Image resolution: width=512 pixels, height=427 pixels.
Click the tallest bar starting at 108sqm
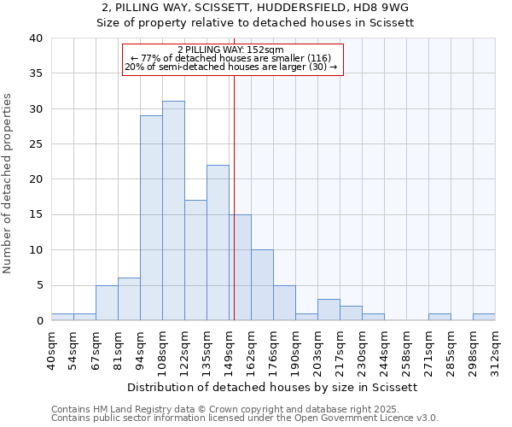coord(173,211)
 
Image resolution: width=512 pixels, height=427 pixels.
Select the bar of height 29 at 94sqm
coord(151,218)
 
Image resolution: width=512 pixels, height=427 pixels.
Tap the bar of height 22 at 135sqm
coord(218,243)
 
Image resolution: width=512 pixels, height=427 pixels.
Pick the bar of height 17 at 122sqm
coord(195,260)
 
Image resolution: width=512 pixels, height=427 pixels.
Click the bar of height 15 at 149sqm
coord(240,267)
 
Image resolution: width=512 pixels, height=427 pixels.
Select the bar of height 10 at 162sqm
coord(262,285)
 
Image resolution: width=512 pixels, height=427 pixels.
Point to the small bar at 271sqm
coord(439,317)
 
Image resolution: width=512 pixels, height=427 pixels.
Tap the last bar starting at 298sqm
coord(484,317)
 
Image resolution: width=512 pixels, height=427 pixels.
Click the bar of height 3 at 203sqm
coord(329,310)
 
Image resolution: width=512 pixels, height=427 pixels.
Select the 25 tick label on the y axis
coord(35,144)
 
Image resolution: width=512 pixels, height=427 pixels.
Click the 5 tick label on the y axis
coord(38,285)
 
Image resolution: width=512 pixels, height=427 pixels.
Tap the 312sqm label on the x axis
coord(496,348)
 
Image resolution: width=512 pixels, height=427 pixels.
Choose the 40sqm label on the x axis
coord(52,348)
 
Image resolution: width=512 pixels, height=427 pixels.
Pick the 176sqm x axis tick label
coord(274,348)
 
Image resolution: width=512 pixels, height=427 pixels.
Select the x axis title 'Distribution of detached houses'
coord(273,387)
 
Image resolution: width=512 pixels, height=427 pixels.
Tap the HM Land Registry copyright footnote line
coord(244,409)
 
